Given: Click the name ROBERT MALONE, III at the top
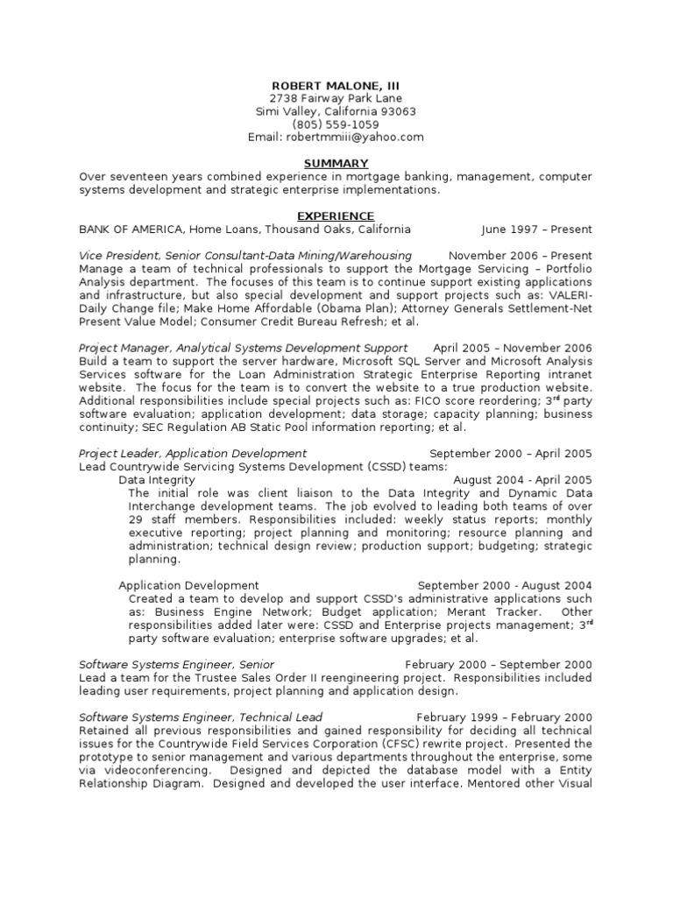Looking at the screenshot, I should pos(336,85).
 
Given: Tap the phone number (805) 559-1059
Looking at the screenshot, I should pos(336,124).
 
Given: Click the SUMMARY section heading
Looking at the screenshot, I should pos(336,164).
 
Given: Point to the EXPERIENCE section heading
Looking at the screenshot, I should pos(336,216).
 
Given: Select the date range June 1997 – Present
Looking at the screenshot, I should pos(536,230).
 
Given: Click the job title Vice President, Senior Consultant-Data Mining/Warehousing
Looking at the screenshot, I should pos(245,256).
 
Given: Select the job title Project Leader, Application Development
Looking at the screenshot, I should pos(193,454).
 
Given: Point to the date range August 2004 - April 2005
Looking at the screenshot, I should pos(522,480).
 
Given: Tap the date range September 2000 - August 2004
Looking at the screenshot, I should pos(505,585).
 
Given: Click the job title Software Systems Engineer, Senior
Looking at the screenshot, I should pos(176,665).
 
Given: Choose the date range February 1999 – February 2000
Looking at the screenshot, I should pos(504,717).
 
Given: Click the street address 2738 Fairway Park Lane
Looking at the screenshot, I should pos(336,98).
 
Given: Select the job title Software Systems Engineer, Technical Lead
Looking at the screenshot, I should pos(201,717).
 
